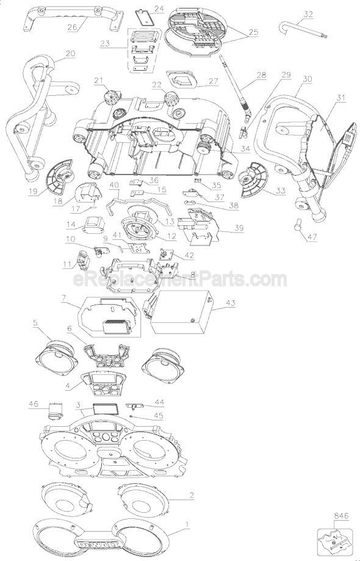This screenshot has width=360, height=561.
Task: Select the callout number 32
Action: click(308, 14)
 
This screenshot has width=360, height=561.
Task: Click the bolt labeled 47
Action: click(297, 227)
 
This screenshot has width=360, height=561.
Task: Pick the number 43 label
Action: click(230, 303)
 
